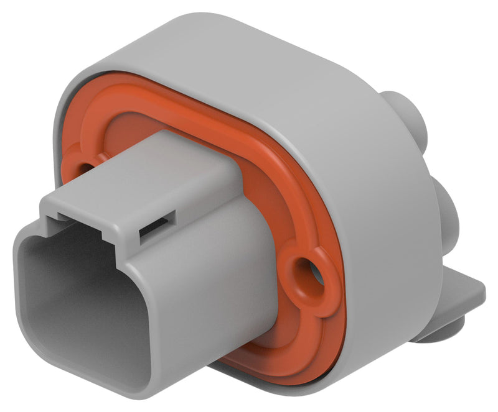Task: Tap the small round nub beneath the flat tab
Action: (x=436, y=332)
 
